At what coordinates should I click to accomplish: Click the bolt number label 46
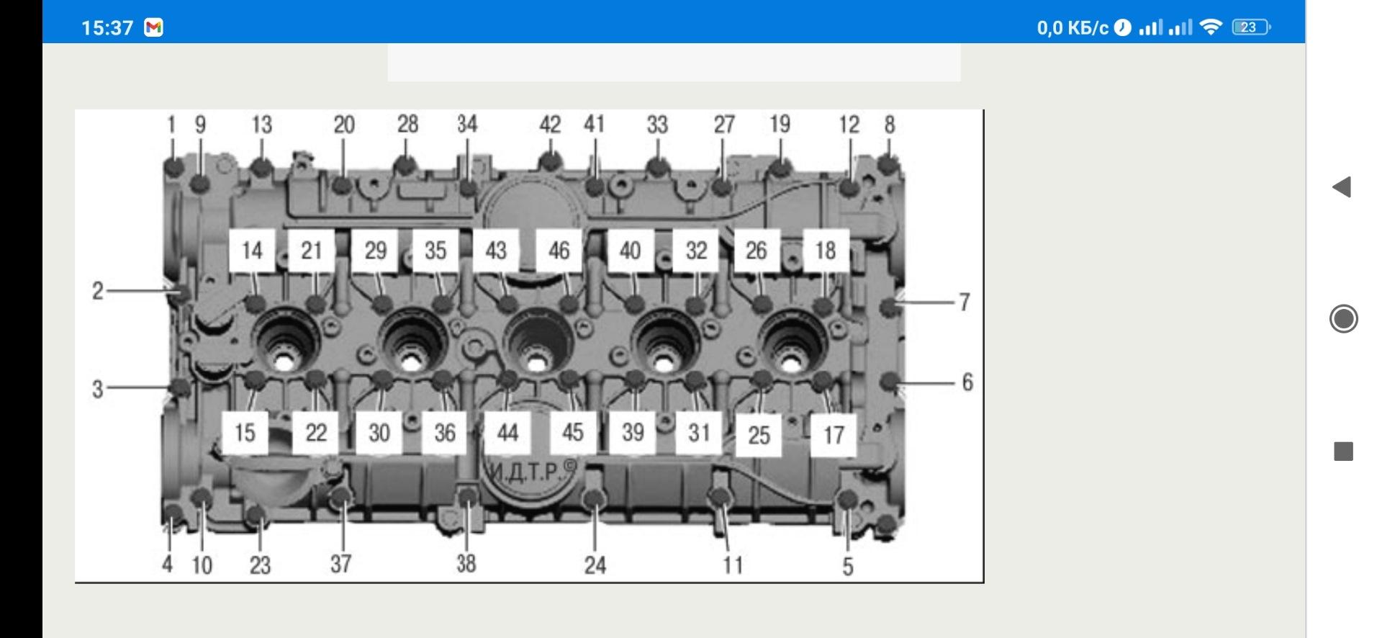pyautogui.click(x=559, y=251)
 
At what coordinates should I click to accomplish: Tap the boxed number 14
pyautogui.click(x=252, y=251)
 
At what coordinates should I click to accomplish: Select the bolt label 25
pyautogui.click(x=759, y=435)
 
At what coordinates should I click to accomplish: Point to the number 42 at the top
pyautogui.click(x=550, y=125)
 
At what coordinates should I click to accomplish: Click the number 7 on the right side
pyautogui.click(x=965, y=302)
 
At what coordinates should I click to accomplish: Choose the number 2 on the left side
pyautogui.click(x=98, y=292)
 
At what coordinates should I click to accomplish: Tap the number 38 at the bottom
pyautogui.click(x=466, y=563)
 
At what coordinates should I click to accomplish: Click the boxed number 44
pyautogui.click(x=507, y=433)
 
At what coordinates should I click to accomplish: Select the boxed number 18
pyautogui.click(x=826, y=251)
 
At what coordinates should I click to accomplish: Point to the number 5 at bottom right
pyautogui.click(x=848, y=567)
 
